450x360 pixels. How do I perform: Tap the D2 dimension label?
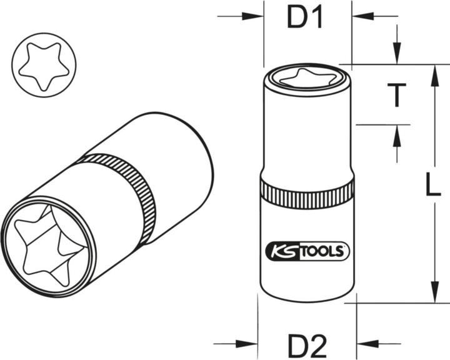click(307, 344)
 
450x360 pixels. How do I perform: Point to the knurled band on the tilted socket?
click(125, 187)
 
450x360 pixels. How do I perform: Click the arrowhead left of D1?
click(255, 17)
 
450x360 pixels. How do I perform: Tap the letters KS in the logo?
click(280, 251)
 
